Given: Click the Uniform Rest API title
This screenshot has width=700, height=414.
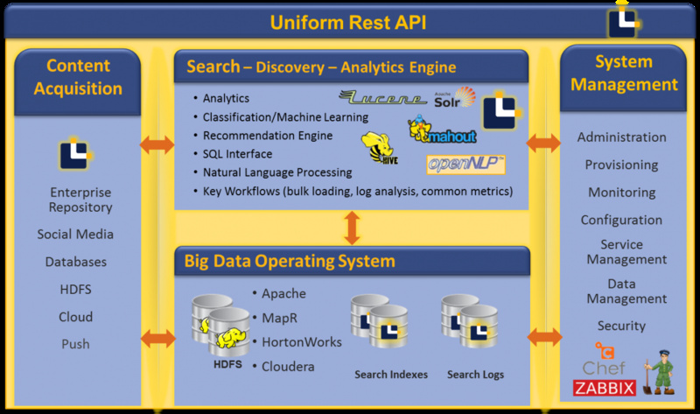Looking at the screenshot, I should [347, 21].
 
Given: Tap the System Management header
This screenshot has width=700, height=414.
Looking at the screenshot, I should [624, 73].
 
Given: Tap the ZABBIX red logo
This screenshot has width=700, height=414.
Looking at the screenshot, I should [604, 388].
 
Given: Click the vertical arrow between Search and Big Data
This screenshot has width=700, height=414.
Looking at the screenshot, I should [352, 228].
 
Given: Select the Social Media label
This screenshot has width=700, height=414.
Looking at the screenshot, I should [75, 235].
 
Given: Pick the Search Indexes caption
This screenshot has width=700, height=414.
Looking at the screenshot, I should [391, 375].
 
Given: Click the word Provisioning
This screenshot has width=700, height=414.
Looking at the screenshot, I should [621, 165].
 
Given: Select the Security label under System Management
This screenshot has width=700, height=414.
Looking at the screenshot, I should [621, 326].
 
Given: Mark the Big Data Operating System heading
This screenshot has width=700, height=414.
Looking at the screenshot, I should [290, 261].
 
